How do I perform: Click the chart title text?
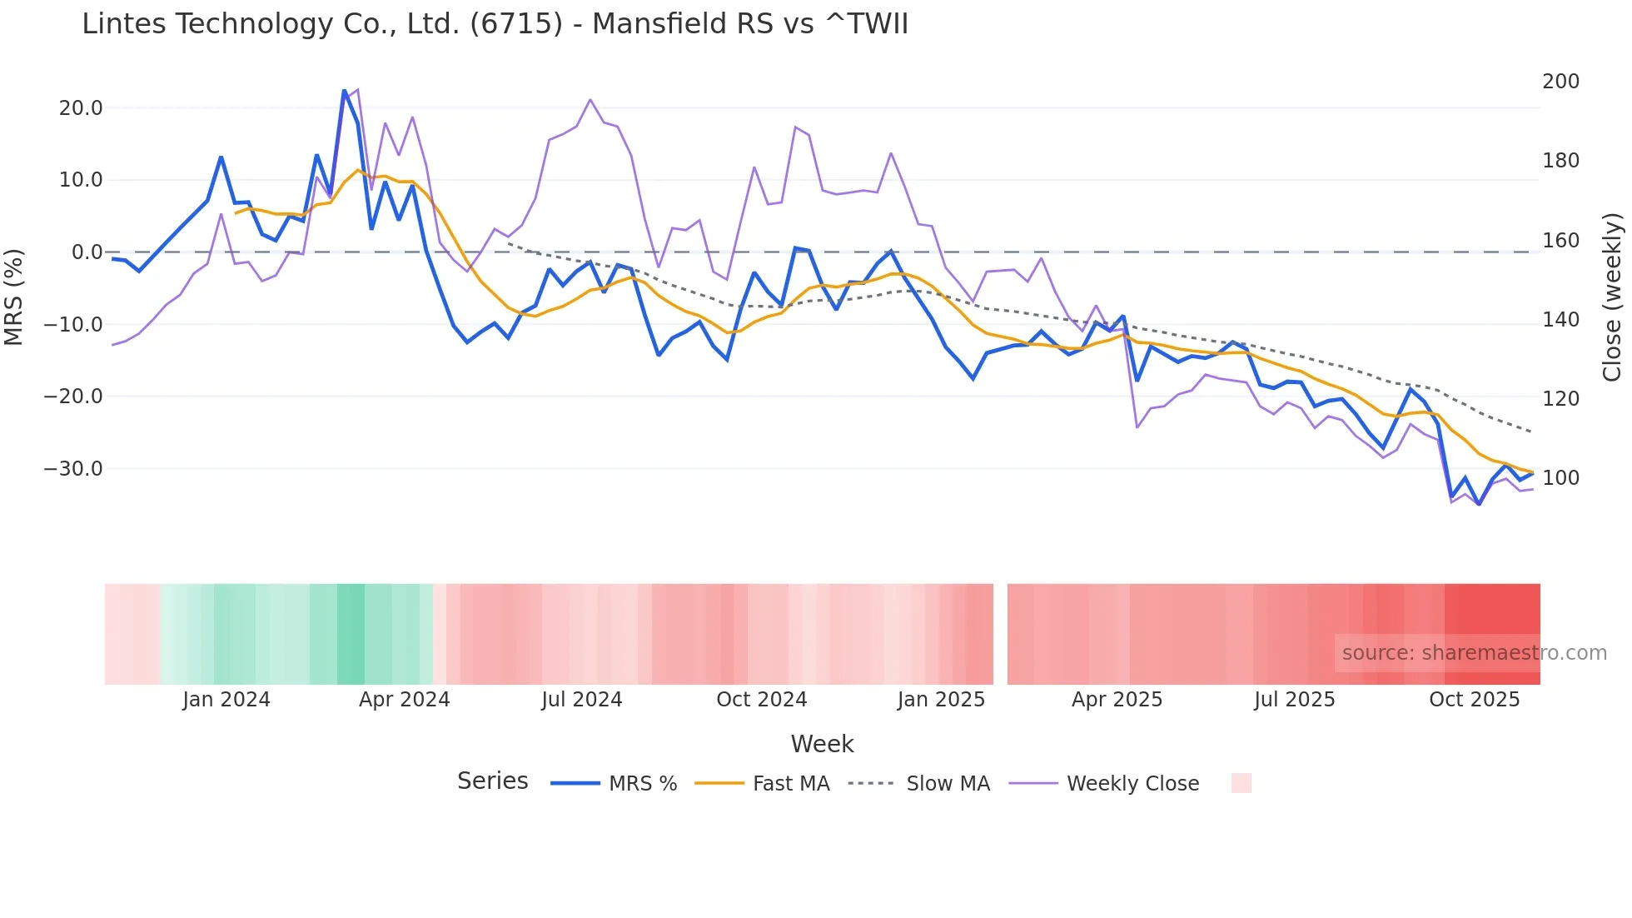pyautogui.click(x=495, y=23)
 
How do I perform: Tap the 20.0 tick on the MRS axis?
pyautogui.click(x=81, y=108)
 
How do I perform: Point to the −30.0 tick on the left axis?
pyautogui.click(x=73, y=469)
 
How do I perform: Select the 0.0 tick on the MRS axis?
pyautogui.click(x=87, y=252)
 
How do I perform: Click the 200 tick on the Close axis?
pyautogui.click(x=1560, y=82)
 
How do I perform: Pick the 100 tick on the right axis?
pyautogui.click(x=1560, y=478)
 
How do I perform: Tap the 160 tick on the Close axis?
pyautogui.click(x=1560, y=241)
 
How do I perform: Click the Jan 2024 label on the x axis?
pyautogui.click(x=226, y=700)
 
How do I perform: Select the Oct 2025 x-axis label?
pyautogui.click(x=1474, y=700)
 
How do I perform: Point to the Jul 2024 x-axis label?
pyautogui.click(x=581, y=700)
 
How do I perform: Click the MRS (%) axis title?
pyautogui.click(x=14, y=297)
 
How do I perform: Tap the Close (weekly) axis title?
pyautogui.click(x=1612, y=297)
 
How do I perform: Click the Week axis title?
pyautogui.click(x=822, y=744)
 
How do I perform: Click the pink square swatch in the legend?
pyautogui.click(x=1241, y=783)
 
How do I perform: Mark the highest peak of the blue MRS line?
pyautogui.click(x=344, y=90)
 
